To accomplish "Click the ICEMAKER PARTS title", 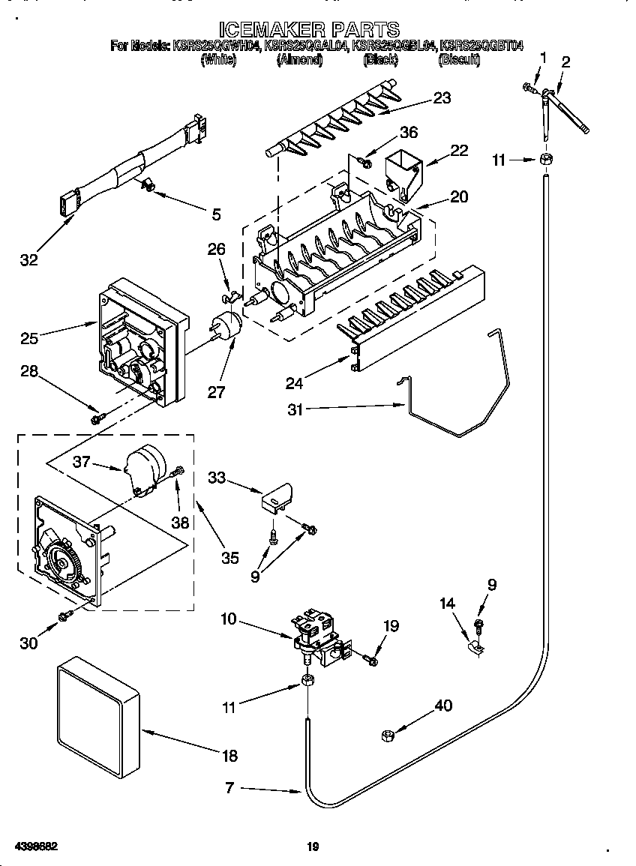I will click(318, 29).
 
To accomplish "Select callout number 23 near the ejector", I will click(442, 98).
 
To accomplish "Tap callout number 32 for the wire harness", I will click(29, 260).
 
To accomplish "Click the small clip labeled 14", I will click(475, 645).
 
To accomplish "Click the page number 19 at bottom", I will click(313, 847).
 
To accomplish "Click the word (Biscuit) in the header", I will click(458, 61).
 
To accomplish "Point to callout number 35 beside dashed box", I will click(229, 558).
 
